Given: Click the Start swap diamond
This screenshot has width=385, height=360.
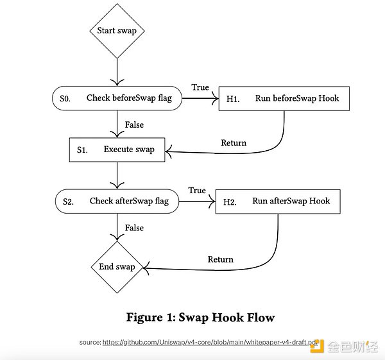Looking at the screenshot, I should click(x=117, y=31).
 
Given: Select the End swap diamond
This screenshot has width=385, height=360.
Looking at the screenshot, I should click(x=117, y=266).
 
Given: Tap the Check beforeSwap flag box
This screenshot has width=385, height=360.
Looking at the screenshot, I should click(x=117, y=99).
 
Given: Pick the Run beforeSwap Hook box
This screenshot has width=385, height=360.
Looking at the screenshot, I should click(x=285, y=99).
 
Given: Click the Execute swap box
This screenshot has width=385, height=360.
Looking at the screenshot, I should click(x=117, y=150).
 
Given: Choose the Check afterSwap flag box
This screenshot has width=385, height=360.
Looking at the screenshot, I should click(x=117, y=201).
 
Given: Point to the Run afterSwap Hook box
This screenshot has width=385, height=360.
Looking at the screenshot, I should click(x=278, y=201).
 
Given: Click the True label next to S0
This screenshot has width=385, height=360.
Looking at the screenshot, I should click(x=200, y=87).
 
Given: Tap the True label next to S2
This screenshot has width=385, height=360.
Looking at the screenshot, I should click(x=197, y=190).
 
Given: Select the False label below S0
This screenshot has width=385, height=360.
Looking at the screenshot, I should click(x=134, y=124).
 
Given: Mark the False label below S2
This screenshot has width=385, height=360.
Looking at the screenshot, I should click(x=134, y=228).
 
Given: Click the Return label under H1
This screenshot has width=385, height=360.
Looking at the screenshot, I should click(x=234, y=142).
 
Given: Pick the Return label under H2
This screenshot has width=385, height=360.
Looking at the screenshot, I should click(x=221, y=259).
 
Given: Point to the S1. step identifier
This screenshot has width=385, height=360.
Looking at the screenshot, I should click(x=82, y=150).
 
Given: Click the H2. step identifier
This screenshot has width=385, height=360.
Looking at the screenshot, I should click(x=230, y=201).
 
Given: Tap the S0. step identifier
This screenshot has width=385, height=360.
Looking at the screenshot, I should click(x=65, y=99).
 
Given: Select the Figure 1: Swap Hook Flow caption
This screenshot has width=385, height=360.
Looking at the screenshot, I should click(x=200, y=317).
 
